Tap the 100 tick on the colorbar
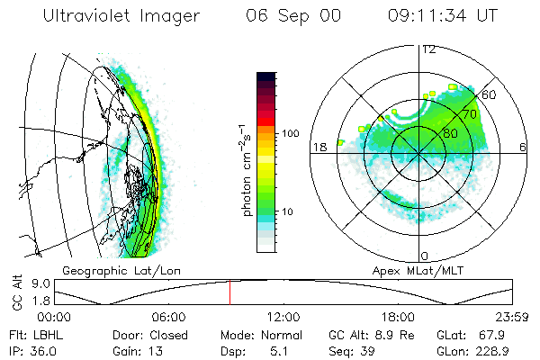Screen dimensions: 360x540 292,133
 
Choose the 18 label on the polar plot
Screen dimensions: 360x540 319,147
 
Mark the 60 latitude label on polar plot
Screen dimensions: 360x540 490,94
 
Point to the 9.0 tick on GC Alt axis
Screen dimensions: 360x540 28,283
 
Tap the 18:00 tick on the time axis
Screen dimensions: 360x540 398,317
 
